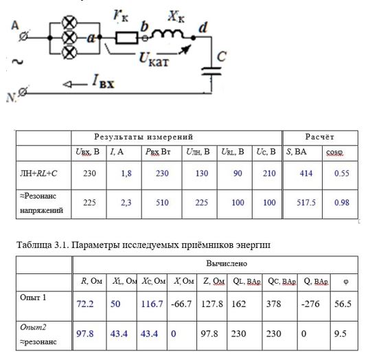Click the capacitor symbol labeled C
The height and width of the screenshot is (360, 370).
(x=211, y=71)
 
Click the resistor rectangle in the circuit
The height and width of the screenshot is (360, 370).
(x=127, y=37)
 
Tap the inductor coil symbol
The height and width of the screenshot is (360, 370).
(x=167, y=34)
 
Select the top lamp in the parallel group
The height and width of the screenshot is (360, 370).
(x=69, y=23)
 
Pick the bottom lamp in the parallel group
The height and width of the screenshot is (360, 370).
(x=69, y=52)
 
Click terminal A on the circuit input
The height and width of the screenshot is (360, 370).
(x=23, y=36)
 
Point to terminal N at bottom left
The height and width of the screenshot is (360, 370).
(x=23, y=92)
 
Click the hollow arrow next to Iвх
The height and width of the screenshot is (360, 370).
(x=75, y=85)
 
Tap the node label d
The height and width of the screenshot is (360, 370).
(x=203, y=27)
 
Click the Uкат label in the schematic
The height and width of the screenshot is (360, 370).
(x=154, y=60)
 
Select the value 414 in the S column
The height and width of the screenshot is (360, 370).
(x=306, y=173)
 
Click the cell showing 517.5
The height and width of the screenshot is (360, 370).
(x=306, y=203)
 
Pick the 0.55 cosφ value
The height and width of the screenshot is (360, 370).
(x=342, y=173)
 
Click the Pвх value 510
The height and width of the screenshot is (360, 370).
(x=162, y=203)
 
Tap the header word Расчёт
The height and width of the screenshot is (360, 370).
(x=320, y=137)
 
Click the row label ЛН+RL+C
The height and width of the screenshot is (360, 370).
(x=38, y=174)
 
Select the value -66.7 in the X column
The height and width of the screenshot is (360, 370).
(x=181, y=304)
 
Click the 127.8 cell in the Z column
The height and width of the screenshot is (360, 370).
(x=212, y=304)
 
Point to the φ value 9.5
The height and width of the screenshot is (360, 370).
(x=340, y=333)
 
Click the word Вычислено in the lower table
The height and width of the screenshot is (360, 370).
(x=227, y=263)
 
